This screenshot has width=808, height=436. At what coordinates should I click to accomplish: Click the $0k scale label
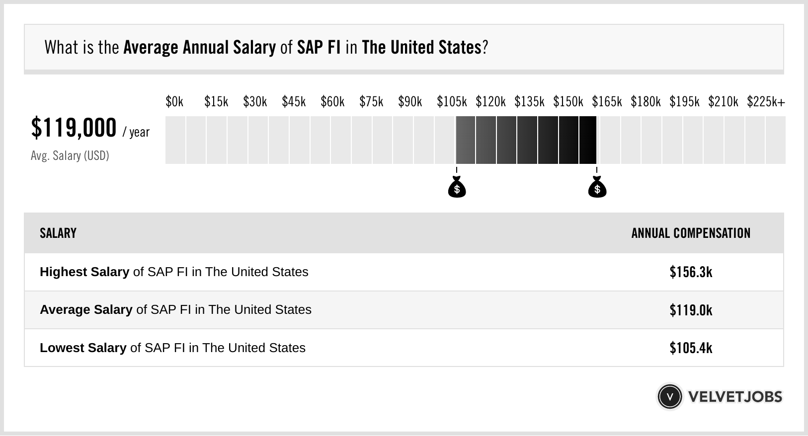(174, 102)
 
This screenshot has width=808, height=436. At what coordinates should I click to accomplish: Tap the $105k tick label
(452, 102)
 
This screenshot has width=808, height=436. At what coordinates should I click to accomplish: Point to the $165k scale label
(607, 102)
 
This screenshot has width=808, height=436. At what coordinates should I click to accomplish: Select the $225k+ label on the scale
(766, 102)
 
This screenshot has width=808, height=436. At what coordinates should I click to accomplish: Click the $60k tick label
(332, 102)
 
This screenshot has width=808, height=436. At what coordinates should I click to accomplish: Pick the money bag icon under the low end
(457, 188)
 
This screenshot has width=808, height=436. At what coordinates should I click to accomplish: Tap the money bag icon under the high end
(597, 188)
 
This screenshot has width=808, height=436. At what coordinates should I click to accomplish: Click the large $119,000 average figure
(74, 128)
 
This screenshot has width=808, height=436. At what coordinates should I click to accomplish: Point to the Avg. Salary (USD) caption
(70, 156)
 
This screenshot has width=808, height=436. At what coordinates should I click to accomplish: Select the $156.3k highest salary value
(691, 272)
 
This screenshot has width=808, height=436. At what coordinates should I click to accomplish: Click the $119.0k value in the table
(691, 310)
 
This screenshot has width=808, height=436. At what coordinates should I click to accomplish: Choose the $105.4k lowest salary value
(691, 348)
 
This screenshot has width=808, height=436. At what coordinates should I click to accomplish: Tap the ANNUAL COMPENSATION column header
(691, 233)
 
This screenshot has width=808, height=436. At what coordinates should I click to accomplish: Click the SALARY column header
(58, 233)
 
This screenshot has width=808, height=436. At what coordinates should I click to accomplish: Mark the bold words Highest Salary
(84, 272)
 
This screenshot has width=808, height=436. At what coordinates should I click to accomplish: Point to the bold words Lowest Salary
(83, 348)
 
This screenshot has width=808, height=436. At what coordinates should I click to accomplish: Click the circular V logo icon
(669, 397)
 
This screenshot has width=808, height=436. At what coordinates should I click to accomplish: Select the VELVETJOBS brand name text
(735, 397)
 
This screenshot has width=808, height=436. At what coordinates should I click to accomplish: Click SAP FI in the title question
(319, 48)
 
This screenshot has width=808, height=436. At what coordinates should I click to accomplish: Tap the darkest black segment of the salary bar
(588, 140)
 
